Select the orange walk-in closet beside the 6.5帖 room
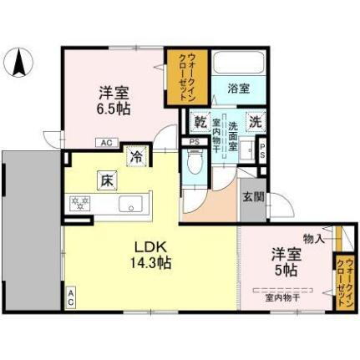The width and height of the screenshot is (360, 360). pos(185,77)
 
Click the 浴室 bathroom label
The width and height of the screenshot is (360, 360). pos(238,88)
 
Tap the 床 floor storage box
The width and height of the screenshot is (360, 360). pos(107,177)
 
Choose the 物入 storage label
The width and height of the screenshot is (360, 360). pos(314,239)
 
